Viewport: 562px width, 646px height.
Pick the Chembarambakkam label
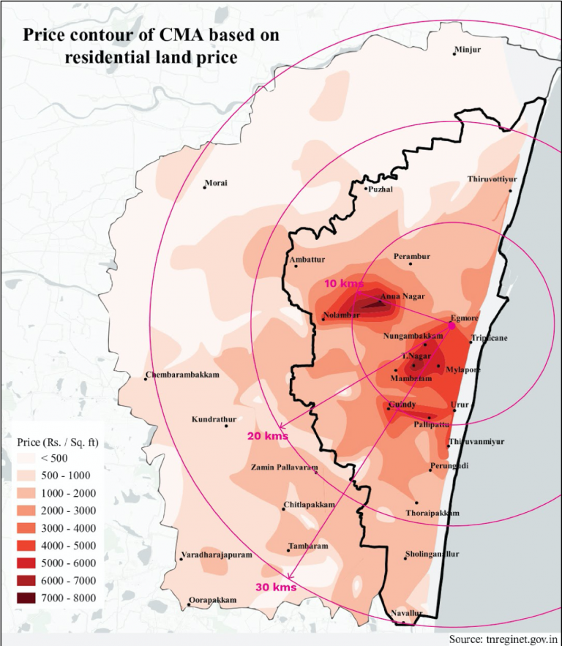182,375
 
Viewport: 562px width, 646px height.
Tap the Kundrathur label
214,419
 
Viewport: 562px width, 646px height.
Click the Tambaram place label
308,547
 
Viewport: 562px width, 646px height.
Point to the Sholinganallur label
432,555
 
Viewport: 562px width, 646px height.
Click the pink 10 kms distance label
343,283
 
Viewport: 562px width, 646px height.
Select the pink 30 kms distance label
276,587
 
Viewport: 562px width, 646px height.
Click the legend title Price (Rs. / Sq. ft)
58,443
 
